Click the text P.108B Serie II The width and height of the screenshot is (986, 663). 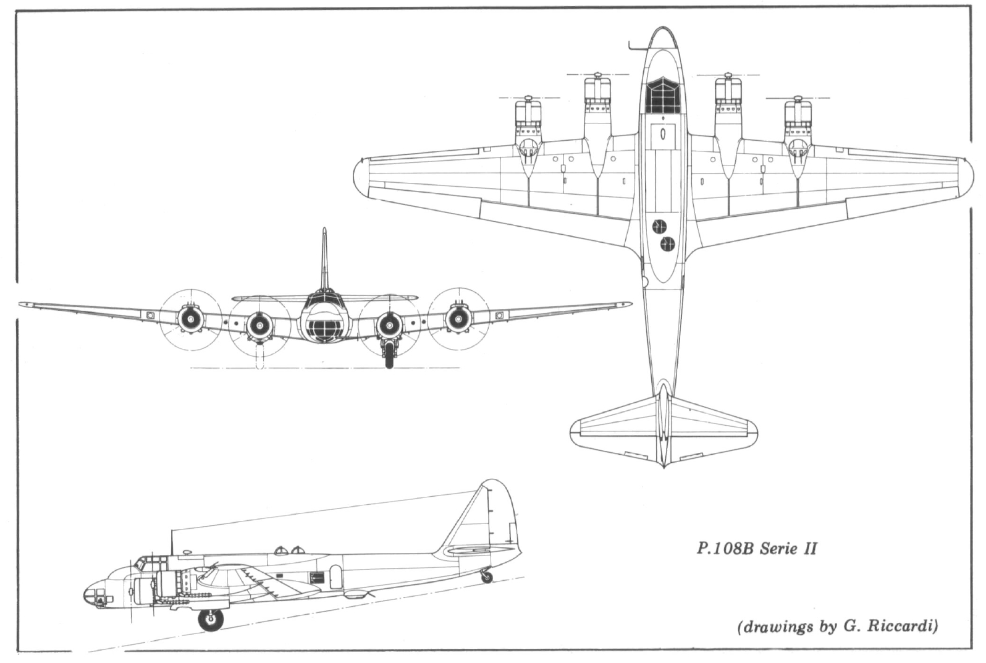756,548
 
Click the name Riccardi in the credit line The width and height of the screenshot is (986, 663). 906,627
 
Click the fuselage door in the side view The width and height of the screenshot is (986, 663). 335,576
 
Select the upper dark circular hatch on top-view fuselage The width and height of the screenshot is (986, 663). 660,226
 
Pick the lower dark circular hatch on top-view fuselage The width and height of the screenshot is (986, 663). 666,244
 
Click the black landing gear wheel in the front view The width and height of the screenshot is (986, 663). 389,359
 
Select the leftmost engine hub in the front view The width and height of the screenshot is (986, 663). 190,319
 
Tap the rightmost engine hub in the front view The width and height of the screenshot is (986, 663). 457,319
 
